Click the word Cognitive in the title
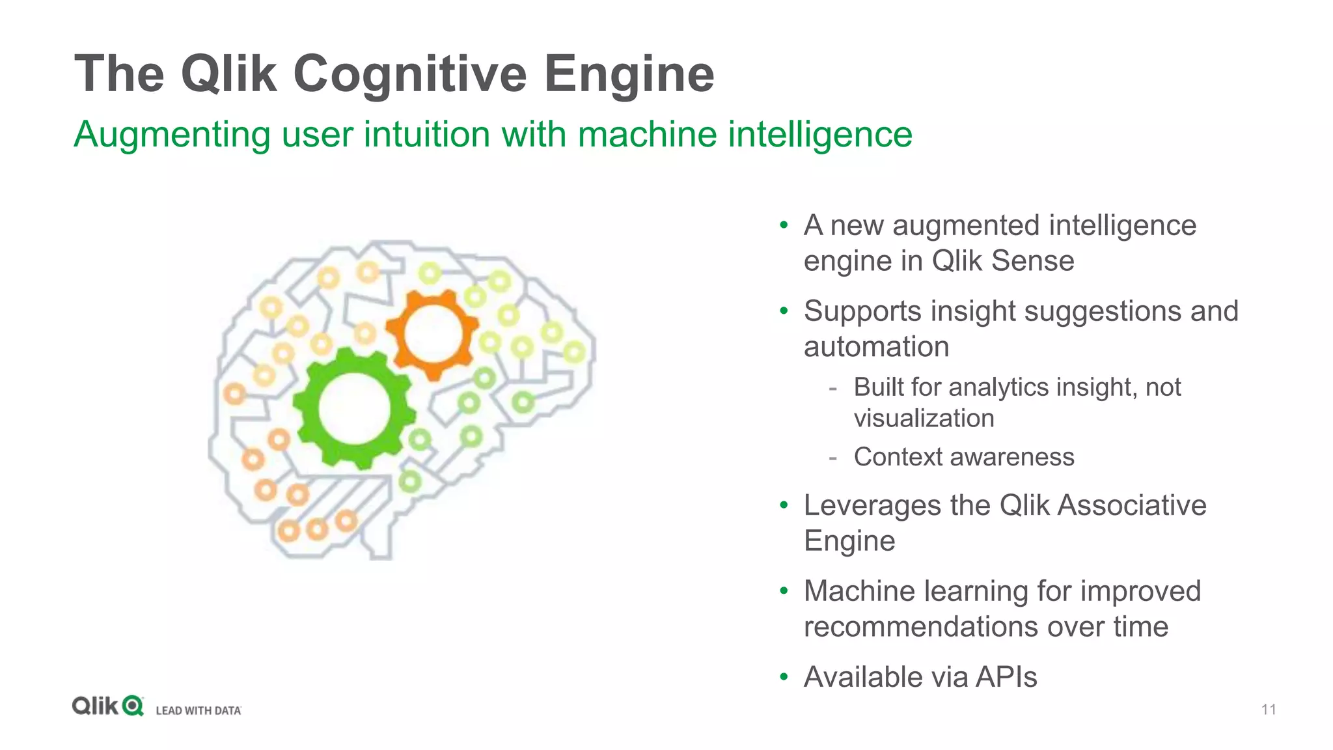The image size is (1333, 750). tap(409, 74)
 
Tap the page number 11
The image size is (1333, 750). tap(1269, 710)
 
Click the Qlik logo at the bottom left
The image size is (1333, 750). tap(107, 706)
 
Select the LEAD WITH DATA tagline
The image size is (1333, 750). tap(199, 710)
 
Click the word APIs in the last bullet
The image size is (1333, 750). tap(1006, 677)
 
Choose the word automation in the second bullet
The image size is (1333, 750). tap(876, 346)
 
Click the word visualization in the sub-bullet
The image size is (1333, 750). tap(924, 419)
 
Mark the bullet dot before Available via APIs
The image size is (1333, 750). tap(784, 677)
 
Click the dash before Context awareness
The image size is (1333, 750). tap(832, 458)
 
